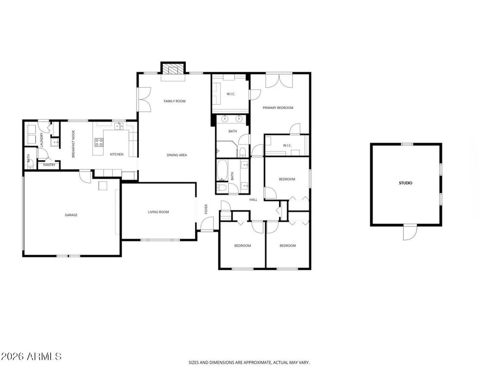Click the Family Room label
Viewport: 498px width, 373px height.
coord(175,101)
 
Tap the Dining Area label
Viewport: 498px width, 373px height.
coord(177,155)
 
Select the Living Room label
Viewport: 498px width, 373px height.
coord(159,212)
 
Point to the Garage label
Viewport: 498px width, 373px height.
coord(71,215)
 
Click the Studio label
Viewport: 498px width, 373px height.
coord(406,183)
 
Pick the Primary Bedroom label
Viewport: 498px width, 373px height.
coord(278,108)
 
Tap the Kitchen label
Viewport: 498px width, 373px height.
coord(117,154)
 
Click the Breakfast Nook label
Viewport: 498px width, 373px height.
coord(73,144)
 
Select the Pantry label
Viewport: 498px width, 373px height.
coord(49,165)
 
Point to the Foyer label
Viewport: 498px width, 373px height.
coord(206,209)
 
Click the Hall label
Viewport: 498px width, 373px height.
coord(253,200)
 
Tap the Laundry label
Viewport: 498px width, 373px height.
coord(41,140)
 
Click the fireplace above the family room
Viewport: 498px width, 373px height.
coord(173,68)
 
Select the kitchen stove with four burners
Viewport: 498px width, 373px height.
coord(99,142)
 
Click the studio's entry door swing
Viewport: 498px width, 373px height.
coord(409,232)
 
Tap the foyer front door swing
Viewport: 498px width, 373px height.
coord(207,224)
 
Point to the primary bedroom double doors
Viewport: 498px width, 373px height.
coord(279,80)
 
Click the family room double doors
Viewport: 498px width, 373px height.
coord(144,99)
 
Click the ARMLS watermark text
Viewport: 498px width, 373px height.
coord(31,356)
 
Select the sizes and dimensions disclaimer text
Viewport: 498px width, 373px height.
coord(249,362)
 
